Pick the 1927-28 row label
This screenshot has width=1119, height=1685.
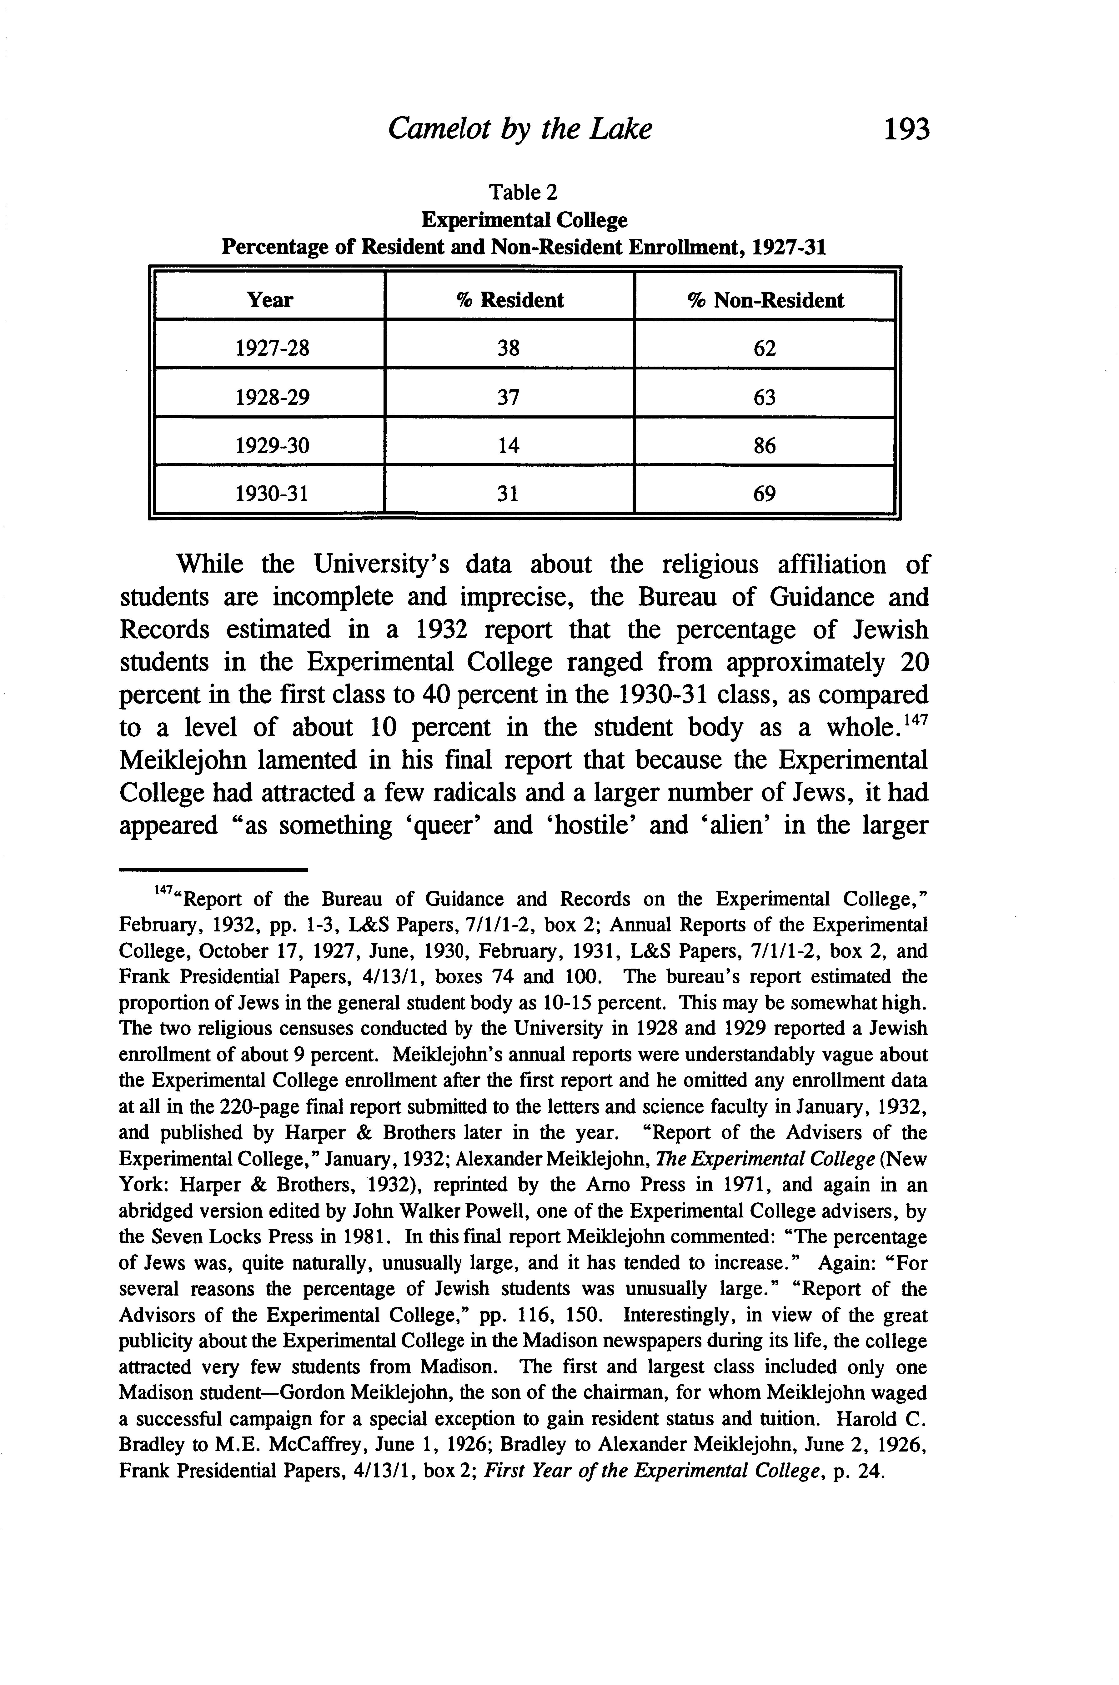point(272,348)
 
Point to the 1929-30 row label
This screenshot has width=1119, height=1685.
point(272,446)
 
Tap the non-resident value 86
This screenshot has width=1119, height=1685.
point(764,446)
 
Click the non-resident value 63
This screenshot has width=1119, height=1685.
point(764,398)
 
